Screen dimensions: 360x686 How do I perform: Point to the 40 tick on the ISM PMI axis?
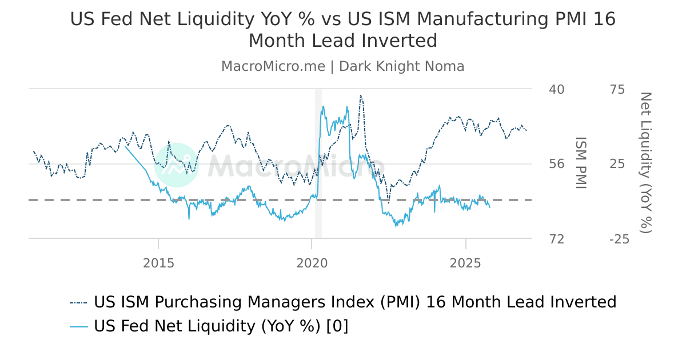(556, 89)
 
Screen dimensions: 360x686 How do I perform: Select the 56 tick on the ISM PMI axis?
(556, 164)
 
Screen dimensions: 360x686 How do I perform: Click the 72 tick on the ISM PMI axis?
(556, 239)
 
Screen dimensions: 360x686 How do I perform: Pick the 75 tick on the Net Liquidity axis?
(618, 89)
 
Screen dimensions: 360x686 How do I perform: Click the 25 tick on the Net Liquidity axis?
(618, 164)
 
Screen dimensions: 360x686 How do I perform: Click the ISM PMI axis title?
(581, 163)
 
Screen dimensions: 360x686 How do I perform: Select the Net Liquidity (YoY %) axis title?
(645, 162)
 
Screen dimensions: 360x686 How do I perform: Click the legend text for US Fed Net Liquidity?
(221, 326)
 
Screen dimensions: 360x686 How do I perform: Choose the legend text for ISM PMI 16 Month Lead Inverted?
(355, 302)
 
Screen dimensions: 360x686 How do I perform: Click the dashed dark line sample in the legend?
(79, 302)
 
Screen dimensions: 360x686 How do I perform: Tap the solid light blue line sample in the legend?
(79, 327)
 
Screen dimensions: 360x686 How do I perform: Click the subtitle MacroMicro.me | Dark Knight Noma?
(342, 66)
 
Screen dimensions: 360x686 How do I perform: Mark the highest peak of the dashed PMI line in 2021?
(361, 95)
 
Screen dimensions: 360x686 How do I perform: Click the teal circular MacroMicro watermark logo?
(177, 165)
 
